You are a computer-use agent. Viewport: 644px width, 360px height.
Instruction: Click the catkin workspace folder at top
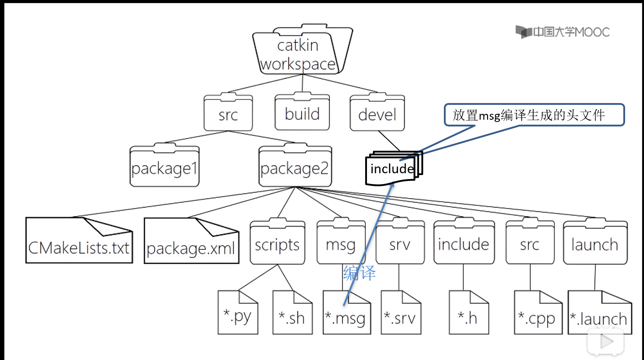(x=298, y=52)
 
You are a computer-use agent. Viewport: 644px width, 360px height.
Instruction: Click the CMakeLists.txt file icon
(x=79, y=241)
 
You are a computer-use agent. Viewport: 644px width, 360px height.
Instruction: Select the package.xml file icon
(x=191, y=242)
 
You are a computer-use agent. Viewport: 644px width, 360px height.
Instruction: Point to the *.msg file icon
(x=347, y=313)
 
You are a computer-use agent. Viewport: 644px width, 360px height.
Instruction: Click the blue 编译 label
(x=359, y=273)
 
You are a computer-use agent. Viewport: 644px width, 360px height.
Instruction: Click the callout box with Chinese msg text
(x=534, y=115)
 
